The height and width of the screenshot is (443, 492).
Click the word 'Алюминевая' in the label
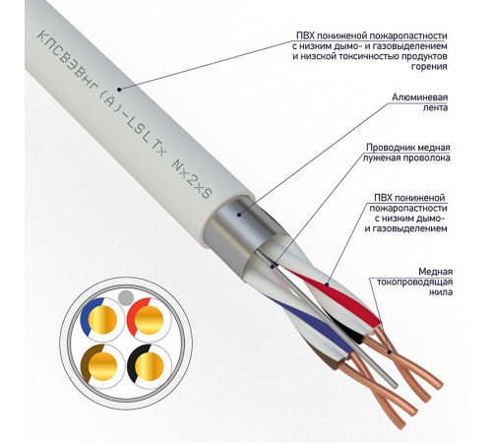point(419,97)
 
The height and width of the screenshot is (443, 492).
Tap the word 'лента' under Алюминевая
point(435,107)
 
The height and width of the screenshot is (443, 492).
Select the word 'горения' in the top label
point(429,67)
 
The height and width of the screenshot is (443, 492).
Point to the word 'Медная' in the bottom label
point(436,272)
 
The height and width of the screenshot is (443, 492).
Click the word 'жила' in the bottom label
point(441,292)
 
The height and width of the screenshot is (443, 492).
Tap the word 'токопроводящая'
point(414,282)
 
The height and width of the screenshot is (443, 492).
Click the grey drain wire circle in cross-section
point(126,297)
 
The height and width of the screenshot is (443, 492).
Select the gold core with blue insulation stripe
point(102,319)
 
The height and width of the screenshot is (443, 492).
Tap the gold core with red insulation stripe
point(150,319)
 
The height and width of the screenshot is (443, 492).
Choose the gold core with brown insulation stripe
point(102,366)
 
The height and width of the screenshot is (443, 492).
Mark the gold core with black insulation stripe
point(150,366)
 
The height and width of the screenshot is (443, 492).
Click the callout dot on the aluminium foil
point(239,215)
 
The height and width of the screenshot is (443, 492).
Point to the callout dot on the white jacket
point(119,90)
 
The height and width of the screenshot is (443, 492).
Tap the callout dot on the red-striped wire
point(327,285)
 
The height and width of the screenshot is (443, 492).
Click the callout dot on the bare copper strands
point(390,352)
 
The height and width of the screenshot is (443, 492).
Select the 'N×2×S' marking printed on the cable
point(192,179)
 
